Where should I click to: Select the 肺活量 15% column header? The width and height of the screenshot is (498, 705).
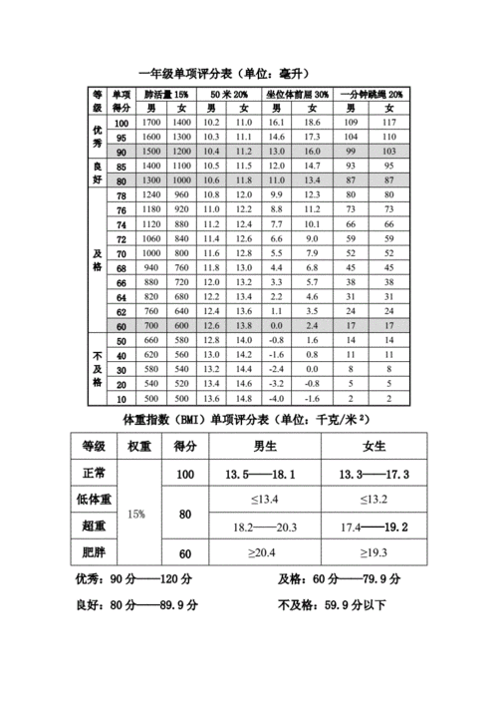point(166,93)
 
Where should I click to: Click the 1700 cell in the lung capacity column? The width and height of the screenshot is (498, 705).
point(151,122)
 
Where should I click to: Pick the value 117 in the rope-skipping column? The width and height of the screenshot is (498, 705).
point(388,122)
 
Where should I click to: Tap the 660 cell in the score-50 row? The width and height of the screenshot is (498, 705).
point(151,341)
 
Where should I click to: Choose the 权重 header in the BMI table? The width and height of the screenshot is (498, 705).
point(138,446)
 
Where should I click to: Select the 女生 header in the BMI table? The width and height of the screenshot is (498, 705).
point(374,446)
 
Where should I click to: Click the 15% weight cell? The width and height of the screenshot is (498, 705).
point(137,514)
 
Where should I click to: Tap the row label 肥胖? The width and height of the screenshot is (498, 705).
point(94,551)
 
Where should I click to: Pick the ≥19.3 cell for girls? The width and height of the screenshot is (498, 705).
point(374,552)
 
